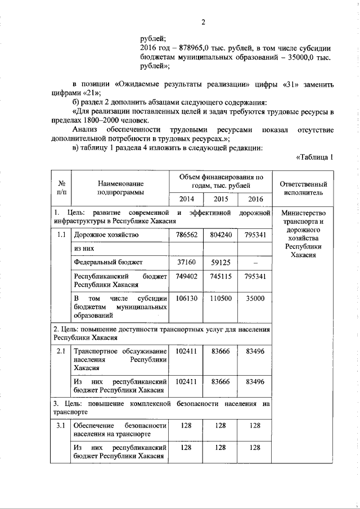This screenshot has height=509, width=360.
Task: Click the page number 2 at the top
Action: (204, 22)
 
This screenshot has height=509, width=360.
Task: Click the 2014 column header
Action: (186, 200)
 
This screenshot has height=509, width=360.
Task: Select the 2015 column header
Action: (220, 200)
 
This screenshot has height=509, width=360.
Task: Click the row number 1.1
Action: (61, 235)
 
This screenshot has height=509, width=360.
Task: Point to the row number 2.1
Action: (61, 352)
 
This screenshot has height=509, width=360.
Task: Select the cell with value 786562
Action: (186, 235)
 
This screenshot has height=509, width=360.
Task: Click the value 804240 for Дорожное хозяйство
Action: (220, 235)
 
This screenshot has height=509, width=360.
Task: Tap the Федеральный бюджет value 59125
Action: (220, 262)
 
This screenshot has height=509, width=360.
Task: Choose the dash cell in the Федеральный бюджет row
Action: (255, 262)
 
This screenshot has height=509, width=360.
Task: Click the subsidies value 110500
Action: (220, 299)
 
